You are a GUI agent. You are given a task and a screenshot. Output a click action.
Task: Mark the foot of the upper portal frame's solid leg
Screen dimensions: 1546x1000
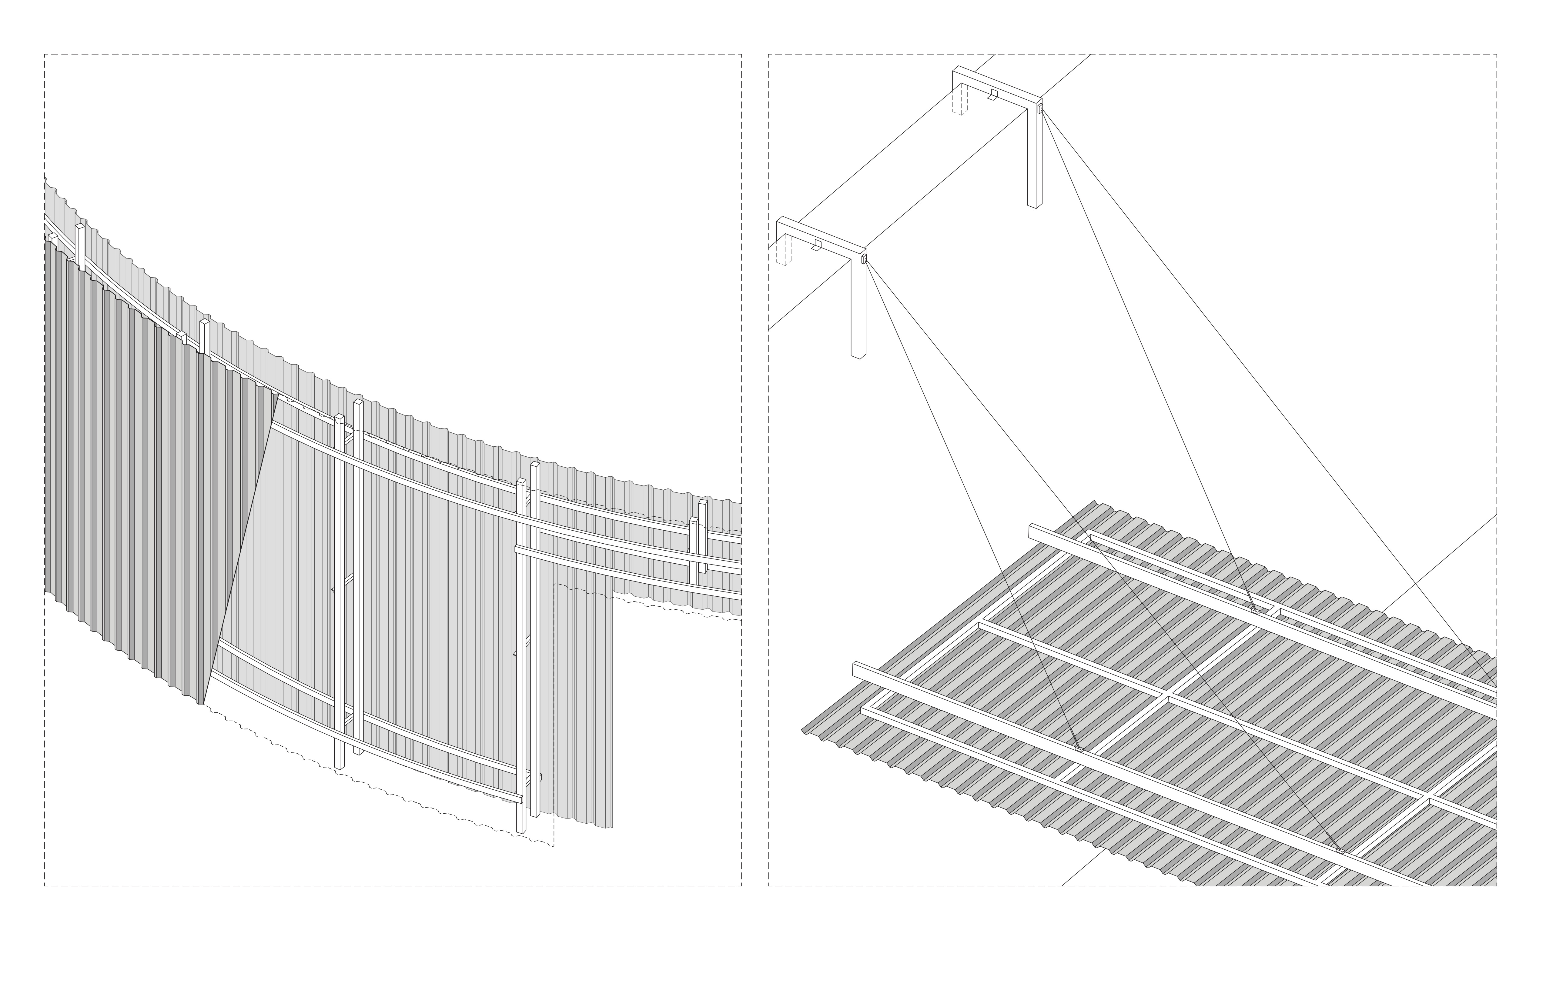point(1034,205)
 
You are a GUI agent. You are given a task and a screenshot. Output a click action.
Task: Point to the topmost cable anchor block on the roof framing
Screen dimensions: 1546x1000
point(1255,610)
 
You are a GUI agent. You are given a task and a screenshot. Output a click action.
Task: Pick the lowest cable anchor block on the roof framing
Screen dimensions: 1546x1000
point(1340,850)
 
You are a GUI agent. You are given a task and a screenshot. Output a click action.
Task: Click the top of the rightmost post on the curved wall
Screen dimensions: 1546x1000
point(702,503)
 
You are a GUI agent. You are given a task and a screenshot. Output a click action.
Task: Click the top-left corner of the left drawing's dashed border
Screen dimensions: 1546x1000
point(45,55)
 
